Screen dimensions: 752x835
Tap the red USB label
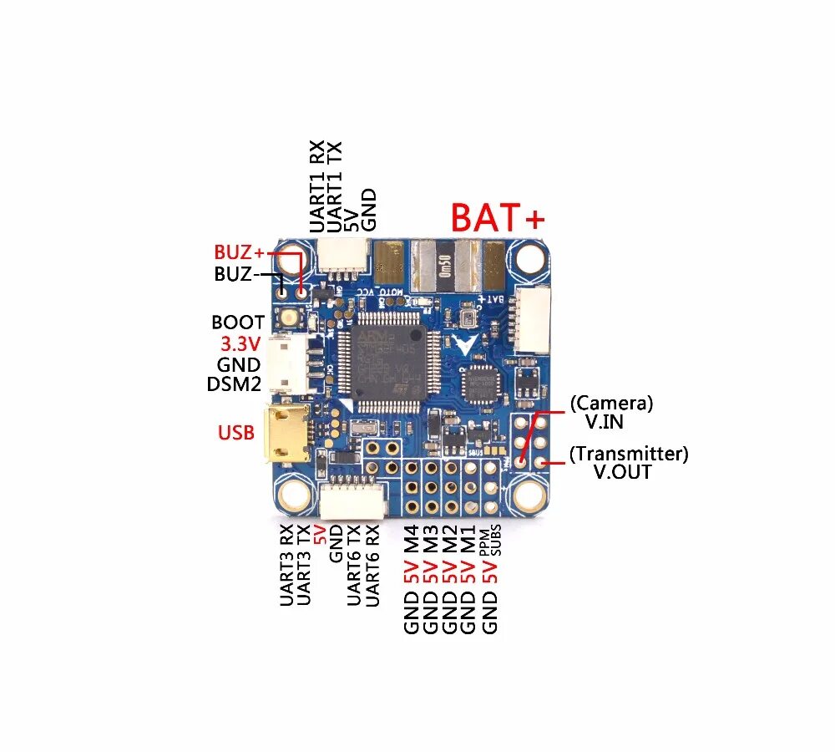click(236, 433)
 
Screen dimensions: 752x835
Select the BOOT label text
click(238, 323)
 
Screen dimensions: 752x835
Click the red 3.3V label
click(240, 343)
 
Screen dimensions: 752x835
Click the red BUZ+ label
click(239, 252)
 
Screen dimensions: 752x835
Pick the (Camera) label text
click(611, 404)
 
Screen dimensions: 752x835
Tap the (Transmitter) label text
click(629, 454)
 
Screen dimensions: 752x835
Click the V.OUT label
click(622, 472)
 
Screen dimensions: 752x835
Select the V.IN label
click(609, 422)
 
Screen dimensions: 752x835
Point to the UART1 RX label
click(317, 186)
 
